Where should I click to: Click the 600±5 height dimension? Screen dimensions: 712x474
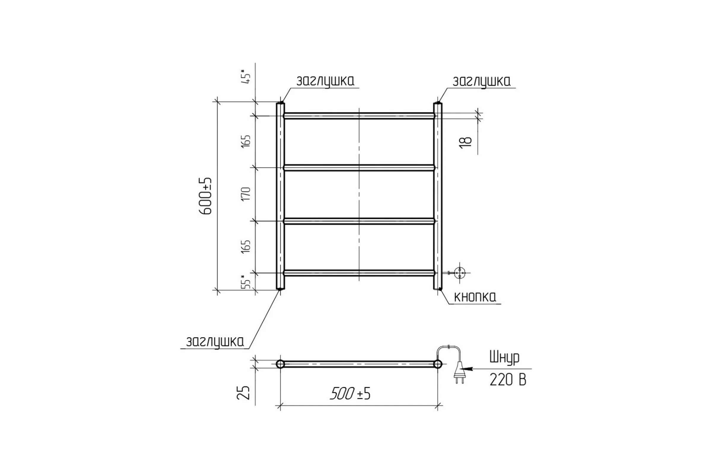[206, 196]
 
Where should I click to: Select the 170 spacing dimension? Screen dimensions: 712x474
[246, 194]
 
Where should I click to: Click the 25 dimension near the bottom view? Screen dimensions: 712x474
[243, 393]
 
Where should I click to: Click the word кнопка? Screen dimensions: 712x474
[475, 297]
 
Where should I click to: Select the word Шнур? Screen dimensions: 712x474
[505, 357]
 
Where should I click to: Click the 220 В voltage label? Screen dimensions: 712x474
[508, 380]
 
